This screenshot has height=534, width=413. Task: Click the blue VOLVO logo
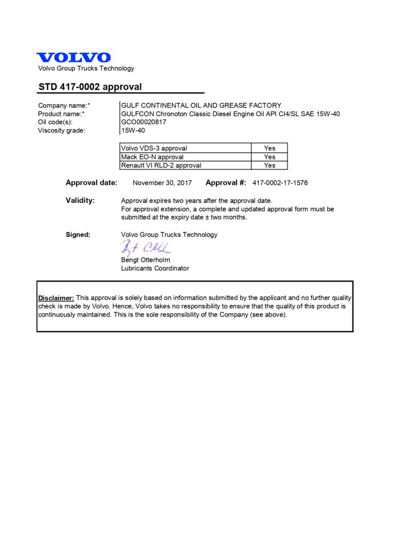[x=74, y=57]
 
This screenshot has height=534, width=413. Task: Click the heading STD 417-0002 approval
[x=90, y=87]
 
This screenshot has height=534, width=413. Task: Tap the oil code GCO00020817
[x=144, y=122]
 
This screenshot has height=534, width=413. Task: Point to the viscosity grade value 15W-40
[x=133, y=130]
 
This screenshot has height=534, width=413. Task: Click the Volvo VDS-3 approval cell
[x=154, y=148]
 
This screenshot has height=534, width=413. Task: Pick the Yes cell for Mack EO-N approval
[x=269, y=156]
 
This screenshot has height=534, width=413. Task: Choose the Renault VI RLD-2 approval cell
[x=161, y=165]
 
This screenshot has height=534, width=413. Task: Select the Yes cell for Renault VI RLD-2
[x=269, y=165]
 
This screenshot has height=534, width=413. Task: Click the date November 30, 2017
[x=162, y=183]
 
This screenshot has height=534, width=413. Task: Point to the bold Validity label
[x=80, y=200]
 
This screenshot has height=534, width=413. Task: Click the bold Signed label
[x=78, y=235]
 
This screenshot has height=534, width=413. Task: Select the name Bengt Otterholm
[x=146, y=260]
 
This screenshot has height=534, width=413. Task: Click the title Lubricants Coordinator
[x=155, y=268]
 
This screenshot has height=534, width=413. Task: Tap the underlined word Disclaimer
[x=56, y=298]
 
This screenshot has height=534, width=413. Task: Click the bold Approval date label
[x=91, y=183]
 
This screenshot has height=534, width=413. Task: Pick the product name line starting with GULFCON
[x=230, y=114]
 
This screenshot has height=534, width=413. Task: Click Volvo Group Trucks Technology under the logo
[x=86, y=68]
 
